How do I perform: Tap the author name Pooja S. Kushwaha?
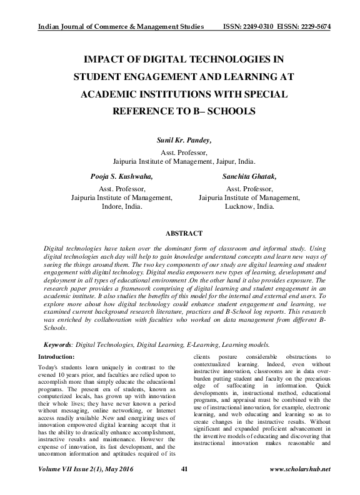118,177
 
